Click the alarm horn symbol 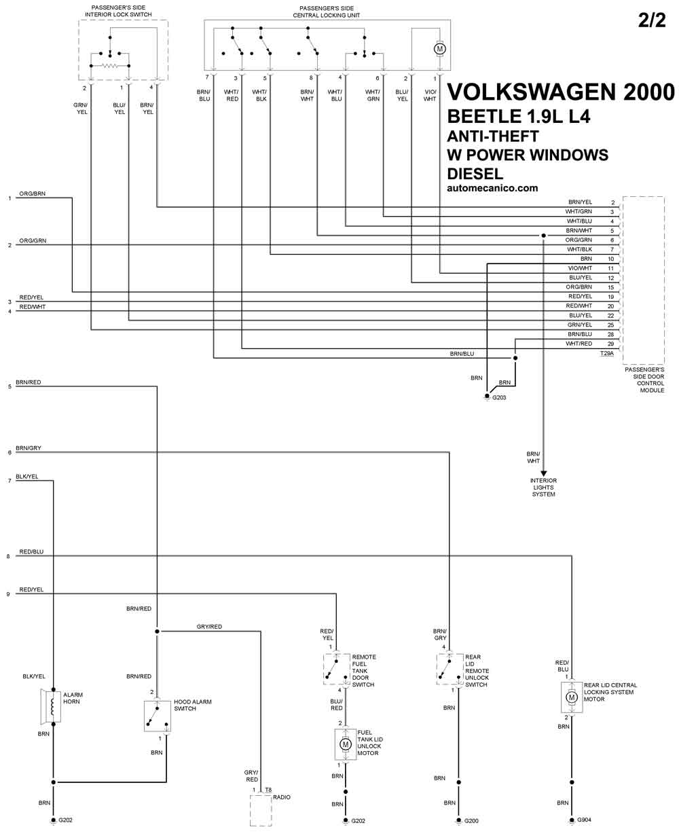pyautogui.click(x=51, y=706)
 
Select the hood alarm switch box pyautogui.click(x=157, y=716)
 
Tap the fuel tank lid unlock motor pyautogui.click(x=345, y=744)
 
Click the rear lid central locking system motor pyautogui.click(x=571, y=697)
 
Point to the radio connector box pyautogui.click(x=261, y=810)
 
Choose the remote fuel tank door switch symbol pyautogui.click(x=336, y=669)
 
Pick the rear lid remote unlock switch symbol pyautogui.click(x=449, y=669)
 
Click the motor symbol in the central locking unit pyautogui.click(x=439, y=49)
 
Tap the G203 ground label pyautogui.click(x=499, y=397)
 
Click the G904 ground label pyautogui.click(x=584, y=820)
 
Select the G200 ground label pyautogui.click(x=471, y=821)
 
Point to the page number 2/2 pyautogui.click(x=652, y=20)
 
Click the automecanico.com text pyautogui.click(x=492, y=188)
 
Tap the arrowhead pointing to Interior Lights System pyautogui.click(x=543, y=473)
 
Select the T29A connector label pyautogui.click(x=606, y=353)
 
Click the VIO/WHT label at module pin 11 pyautogui.click(x=580, y=268)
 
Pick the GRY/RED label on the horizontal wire pyautogui.click(x=209, y=626)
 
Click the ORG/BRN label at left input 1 pyautogui.click(x=33, y=194)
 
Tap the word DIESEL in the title pyautogui.click(x=475, y=173)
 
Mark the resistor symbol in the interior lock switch pyautogui.click(x=110, y=66)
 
